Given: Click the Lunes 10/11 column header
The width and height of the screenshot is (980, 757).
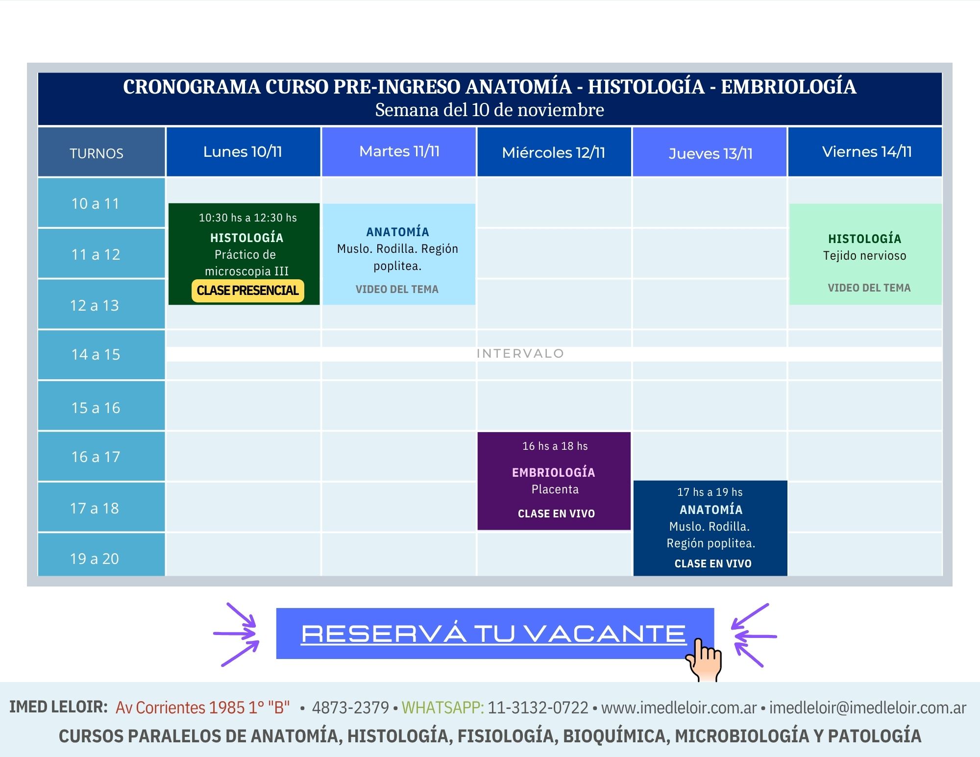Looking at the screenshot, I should pyautogui.click(x=243, y=152).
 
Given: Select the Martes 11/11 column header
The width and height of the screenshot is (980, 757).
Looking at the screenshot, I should pyautogui.click(x=399, y=151).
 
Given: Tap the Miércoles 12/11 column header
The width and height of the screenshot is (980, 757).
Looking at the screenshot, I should pyautogui.click(x=554, y=152).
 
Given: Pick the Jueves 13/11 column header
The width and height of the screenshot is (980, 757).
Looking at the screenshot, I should pyautogui.click(x=710, y=153).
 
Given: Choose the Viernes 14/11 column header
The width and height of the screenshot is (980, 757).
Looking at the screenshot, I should pyautogui.click(x=866, y=152).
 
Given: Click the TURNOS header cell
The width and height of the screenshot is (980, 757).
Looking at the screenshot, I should pyautogui.click(x=97, y=153).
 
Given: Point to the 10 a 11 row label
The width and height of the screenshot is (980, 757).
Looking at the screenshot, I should pyautogui.click(x=96, y=203).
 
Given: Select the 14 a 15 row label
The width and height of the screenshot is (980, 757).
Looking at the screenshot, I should pyautogui.click(x=96, y=354).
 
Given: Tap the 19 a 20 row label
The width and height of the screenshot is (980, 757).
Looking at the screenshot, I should pyautogui.click(x=95, y=559).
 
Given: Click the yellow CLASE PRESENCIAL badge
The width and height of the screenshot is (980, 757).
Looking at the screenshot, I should pyautogui.click(x=247, y=291).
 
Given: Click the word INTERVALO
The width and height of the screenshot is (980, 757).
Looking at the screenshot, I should pyautogui.click(x=520, y=354).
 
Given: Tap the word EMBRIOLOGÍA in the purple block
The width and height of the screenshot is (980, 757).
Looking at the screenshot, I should pyautogui.click(x=554, y=473).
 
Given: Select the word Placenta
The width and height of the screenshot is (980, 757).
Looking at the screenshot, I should pyautogui.click(x=555, y=489).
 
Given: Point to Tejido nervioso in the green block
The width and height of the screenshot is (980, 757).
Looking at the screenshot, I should pyautogui.click(x=865, y=256).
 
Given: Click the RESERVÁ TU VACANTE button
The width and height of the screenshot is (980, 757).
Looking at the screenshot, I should pyautogui.click(x=494, y=634).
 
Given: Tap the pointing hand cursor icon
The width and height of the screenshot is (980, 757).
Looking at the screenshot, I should pyautogui.click(x=704, y=659).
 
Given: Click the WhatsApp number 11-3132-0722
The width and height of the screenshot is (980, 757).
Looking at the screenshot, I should pyautogui.click(x=538, y=708).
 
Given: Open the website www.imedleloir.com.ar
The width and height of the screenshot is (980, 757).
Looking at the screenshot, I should pyautogui.click(x=679, y=708).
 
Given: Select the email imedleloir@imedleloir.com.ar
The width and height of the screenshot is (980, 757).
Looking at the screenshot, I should pyautogui.click(x=867, y=708).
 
